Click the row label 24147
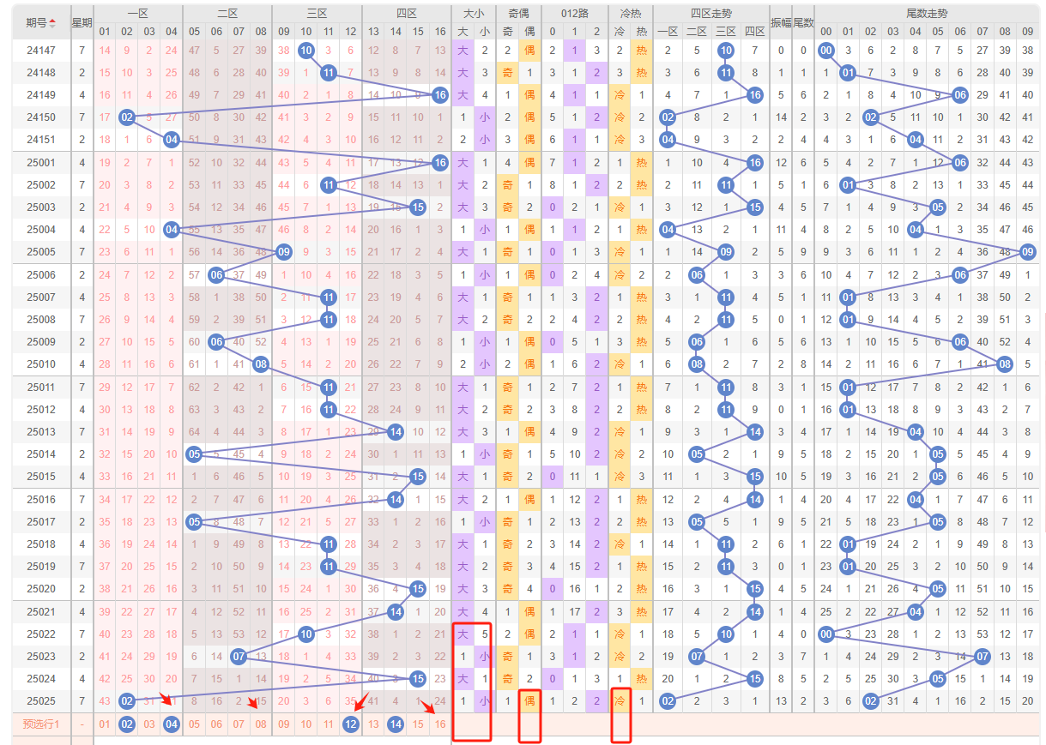pos(40,51)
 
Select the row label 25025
pos(40,700)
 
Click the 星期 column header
pos(82,22)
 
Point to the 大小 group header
pos(474,14)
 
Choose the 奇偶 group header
pos(518,14)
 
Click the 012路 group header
pos(575,14)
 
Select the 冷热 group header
pos(630,14)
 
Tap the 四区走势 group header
pos(710,14)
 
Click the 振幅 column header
pos(781,22)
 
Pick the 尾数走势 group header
pos(927,14)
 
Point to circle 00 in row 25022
pos(825,634)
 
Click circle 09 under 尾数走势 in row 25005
pos(1028,251)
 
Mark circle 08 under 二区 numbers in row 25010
pos(261,363)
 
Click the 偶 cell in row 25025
pos(529,700)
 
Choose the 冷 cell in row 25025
pos(620,700)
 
